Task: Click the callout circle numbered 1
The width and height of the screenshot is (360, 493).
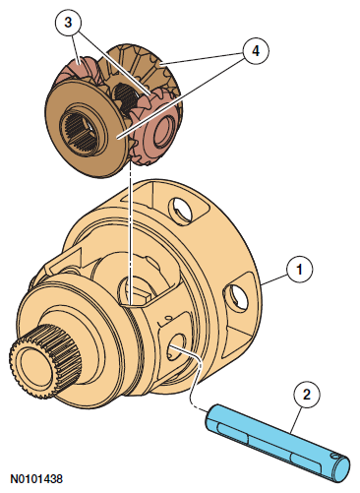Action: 299,269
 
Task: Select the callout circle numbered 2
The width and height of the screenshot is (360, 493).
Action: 307,394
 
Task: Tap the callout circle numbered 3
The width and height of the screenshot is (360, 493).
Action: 68,23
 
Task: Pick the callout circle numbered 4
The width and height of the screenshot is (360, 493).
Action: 256,50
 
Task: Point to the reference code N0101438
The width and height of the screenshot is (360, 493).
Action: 36,478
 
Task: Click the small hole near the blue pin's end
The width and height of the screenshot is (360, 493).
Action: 333,456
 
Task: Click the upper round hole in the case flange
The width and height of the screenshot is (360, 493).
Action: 179,210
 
